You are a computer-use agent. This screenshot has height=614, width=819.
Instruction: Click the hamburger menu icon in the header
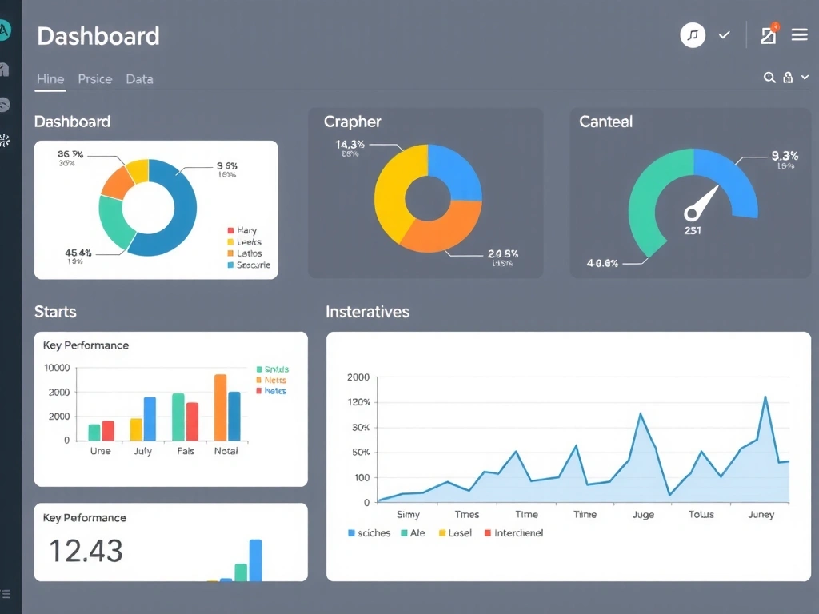point(798,35)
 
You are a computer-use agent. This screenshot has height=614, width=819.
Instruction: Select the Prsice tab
point(94,79)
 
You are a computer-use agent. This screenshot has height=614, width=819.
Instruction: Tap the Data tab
point(139,79)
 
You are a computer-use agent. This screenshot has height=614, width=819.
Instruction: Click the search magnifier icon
point(769,78)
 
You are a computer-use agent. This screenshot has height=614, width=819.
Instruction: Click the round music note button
point(693,35)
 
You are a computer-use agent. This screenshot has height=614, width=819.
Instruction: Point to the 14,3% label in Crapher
point(350,145)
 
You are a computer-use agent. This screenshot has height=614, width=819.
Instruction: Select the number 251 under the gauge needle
point(693,230)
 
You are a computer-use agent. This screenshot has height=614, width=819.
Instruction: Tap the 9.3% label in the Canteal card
point(785,156)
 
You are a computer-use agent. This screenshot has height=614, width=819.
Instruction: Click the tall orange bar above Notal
point(220,407)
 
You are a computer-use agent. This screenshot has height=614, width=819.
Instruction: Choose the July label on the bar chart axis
point(142,451)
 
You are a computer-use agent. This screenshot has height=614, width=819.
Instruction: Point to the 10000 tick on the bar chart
point(57,369)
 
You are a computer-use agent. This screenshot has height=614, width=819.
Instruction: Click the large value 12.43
point(86,551)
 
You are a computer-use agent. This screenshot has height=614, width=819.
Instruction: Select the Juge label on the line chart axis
point(643,515)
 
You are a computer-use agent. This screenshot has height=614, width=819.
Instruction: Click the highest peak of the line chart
point(765,397)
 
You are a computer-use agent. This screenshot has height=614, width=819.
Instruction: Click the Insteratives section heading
point(367,312)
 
